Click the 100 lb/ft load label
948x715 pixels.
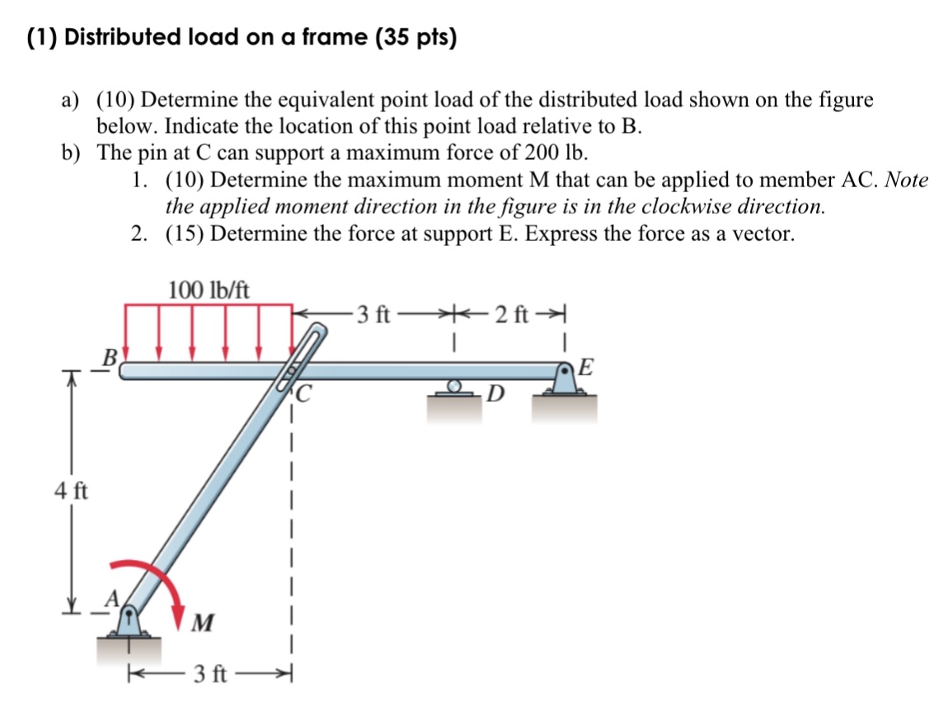[209, 290]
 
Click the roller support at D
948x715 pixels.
[454, 388]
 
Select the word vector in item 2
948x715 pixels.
[764, 233]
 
